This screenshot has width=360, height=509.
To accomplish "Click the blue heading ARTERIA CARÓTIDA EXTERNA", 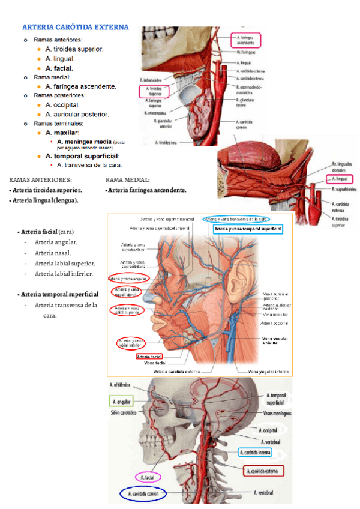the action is coord(75,27).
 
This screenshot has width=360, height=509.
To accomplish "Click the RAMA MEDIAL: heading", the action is coord(127,179).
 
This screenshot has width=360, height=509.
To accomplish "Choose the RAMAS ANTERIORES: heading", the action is coord(40,179).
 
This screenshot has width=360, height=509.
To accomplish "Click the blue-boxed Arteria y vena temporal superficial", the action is coord(247,229).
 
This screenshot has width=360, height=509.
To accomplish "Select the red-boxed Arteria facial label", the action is coord(150,356).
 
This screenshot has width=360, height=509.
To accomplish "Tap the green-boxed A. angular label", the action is coord(121,400).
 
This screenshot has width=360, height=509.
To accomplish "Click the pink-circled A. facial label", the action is coord(147,478).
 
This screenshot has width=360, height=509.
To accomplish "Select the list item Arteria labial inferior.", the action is coord(64,273).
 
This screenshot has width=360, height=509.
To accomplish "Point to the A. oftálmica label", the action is coord(122,385).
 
